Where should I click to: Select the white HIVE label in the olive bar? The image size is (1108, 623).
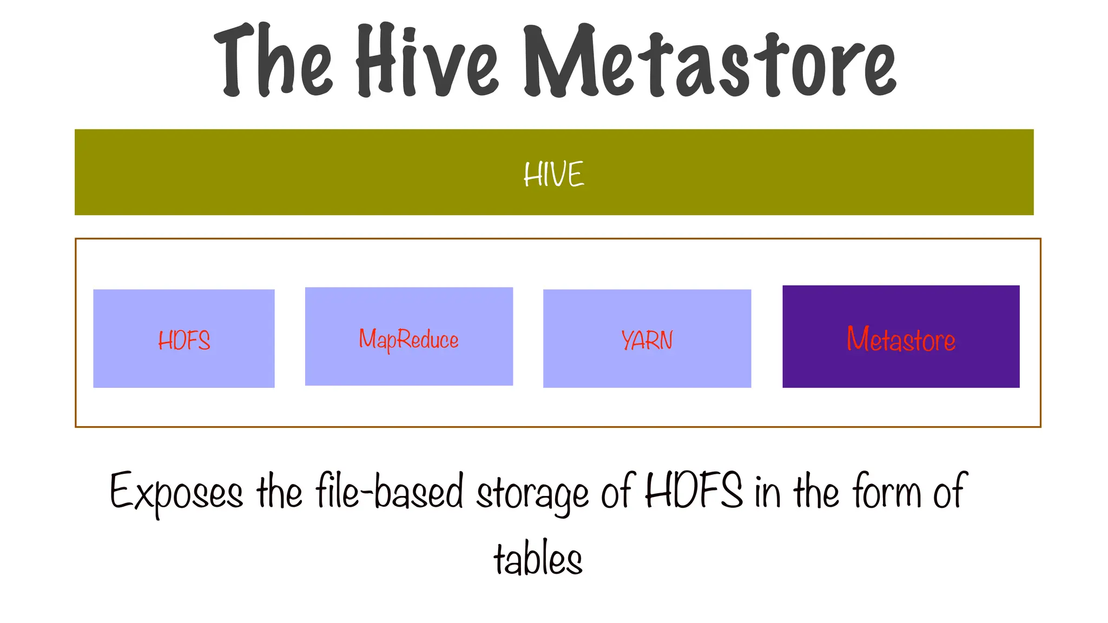pos(554,174)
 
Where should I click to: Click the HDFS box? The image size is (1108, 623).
pos(184,368)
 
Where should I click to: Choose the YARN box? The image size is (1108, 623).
pos(647,368)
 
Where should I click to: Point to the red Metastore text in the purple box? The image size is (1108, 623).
pos(901,340)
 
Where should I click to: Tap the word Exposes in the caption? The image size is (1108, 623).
pos(176,492)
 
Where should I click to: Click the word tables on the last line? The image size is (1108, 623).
pos(538,558)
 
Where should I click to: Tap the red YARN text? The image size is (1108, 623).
pos(647,341)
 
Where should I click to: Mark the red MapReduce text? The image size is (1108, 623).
pos(409,340)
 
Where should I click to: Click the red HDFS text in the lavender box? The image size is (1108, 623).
pos(184,341)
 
